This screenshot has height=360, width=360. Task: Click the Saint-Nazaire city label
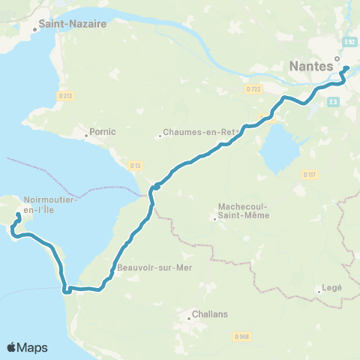coord(73,23)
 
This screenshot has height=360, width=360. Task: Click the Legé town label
coord(331,287)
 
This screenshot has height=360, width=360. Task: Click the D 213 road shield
coord(65,94)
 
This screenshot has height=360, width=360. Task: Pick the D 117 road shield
coord(309,175)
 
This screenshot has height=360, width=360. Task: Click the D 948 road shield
coord(241,337)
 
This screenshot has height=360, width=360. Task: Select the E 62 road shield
coord(349,43)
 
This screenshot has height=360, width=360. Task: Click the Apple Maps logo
coord(27,347)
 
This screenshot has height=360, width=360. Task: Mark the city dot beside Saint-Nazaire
coord(34,31)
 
